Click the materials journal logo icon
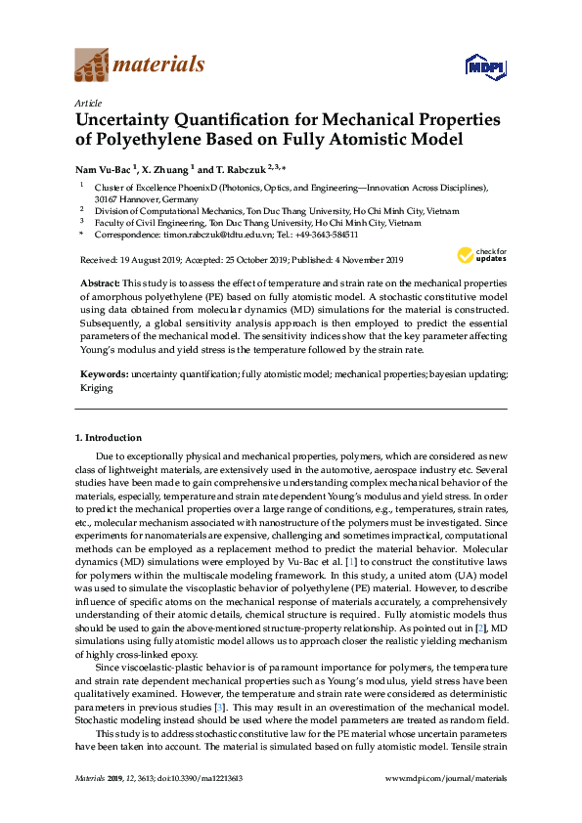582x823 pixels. pos(92,65)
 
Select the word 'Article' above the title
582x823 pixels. pos(87,103)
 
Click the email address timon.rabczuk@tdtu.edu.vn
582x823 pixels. pos(198,235)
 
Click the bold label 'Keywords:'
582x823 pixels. pos(103,374)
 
